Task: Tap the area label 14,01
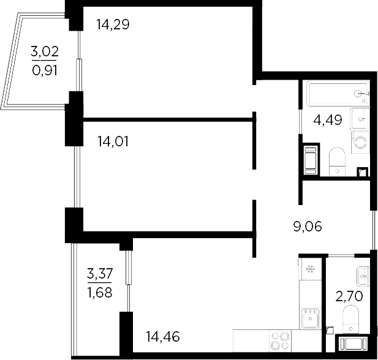pyautogui.click(x=113, y=142)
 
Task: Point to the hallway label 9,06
pyautogui.click(x=308, y=227)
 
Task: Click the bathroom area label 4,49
pyautogui.click(x=328, y=120)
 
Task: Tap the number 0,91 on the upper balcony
pyautogui.click(x=45, y=69)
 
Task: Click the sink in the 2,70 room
pyautogui.click(x=361, y=275)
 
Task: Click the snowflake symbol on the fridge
pyautogui.click(x=310, y=268)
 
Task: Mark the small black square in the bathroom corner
pyautogui.click(x=362, y=172)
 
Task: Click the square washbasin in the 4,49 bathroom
pyautogui.click(x=360, y=118)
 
